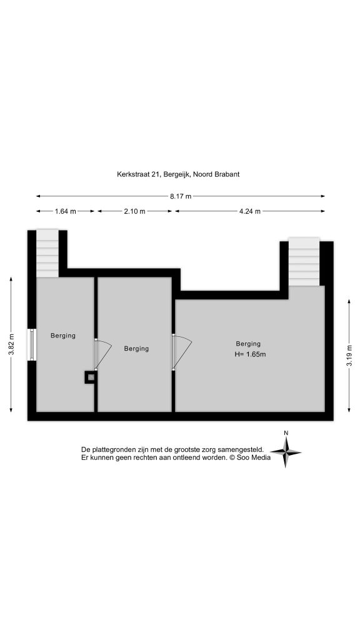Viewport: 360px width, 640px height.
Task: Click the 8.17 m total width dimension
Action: pyautogui.click(x=181, y=196)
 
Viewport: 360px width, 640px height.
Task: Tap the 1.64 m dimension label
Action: pyautogui.click(x=65, y=211)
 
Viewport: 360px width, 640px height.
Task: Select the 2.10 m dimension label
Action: pyautogui.click(x=135, y=211)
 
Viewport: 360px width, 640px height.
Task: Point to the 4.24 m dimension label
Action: pyautogui.click(x=250, y=211)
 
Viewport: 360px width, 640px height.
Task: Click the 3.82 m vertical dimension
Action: pyautogui.click(x=12, y=345)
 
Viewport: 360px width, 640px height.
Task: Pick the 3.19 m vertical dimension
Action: pyautogui.click(x=349, y=356)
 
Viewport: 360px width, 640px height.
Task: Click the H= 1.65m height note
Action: pyautogui.click(x=250, y=354)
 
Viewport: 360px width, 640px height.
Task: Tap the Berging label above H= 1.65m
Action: pyautogui.click(x=248, y=344)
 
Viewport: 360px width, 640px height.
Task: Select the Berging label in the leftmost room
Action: pyautogui.click(x=63, y=336)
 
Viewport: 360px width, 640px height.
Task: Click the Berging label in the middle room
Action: pyautogui.click(x=136, y=349)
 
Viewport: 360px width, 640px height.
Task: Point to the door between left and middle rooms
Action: pyautogui.click(x=103, y=354)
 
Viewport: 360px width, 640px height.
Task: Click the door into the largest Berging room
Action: pyautogui.click(x=182, y=352)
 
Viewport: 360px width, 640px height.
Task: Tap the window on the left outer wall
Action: pyautogui.click(x=32, y=345)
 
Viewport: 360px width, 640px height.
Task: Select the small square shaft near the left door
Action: pyautogui.click(x=91, y=377)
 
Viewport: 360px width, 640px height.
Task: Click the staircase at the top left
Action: pyautogui.click(x=47, y=253)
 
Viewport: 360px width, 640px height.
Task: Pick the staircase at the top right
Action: pyautogui.click(x=304, y=262)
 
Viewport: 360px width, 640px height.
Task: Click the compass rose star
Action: pyautogui.click(x=286, y=452)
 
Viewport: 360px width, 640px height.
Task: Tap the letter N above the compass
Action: pyautogui.click(x=286, y=433)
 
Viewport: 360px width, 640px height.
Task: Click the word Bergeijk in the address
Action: pyautogui.click(x=176, y=174)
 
